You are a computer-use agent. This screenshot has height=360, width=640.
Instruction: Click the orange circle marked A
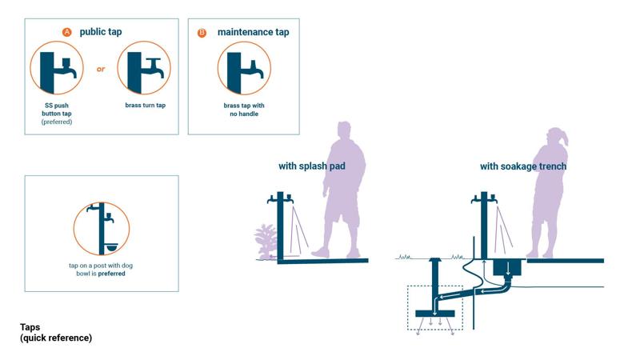coord(67,32)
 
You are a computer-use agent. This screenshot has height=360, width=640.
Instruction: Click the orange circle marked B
coord(202,33)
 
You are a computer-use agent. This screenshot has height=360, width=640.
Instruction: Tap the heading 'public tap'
coord(101,32)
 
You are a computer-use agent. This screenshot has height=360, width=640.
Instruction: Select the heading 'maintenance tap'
coord(253,32)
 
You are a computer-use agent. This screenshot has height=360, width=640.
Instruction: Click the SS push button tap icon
coord(57,68)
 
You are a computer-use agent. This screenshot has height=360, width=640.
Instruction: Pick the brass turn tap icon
coord(144,68)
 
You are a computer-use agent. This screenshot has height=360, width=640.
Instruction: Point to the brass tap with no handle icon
coord(244,68)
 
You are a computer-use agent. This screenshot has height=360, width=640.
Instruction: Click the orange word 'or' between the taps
coord(101,69)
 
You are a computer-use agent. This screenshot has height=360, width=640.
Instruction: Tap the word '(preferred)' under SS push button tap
coord(57,122)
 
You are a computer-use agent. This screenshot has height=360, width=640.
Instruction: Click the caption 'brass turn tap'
coord(146,106)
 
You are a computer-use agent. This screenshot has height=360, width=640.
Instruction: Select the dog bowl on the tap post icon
coord(111,247)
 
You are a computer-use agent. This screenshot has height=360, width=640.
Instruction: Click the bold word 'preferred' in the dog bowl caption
coord(111,274)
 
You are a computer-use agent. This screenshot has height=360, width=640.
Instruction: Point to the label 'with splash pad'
coord(312,166)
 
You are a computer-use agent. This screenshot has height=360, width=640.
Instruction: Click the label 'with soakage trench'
coord(523,166)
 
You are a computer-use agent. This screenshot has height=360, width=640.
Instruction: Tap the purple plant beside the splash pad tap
coord(266,241)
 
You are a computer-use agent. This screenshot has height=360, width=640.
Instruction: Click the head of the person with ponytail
coord(556,138)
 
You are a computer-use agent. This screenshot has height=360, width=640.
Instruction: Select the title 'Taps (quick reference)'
coord(56,332)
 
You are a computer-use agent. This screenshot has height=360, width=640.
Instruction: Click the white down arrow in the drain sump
coord(508,269)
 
